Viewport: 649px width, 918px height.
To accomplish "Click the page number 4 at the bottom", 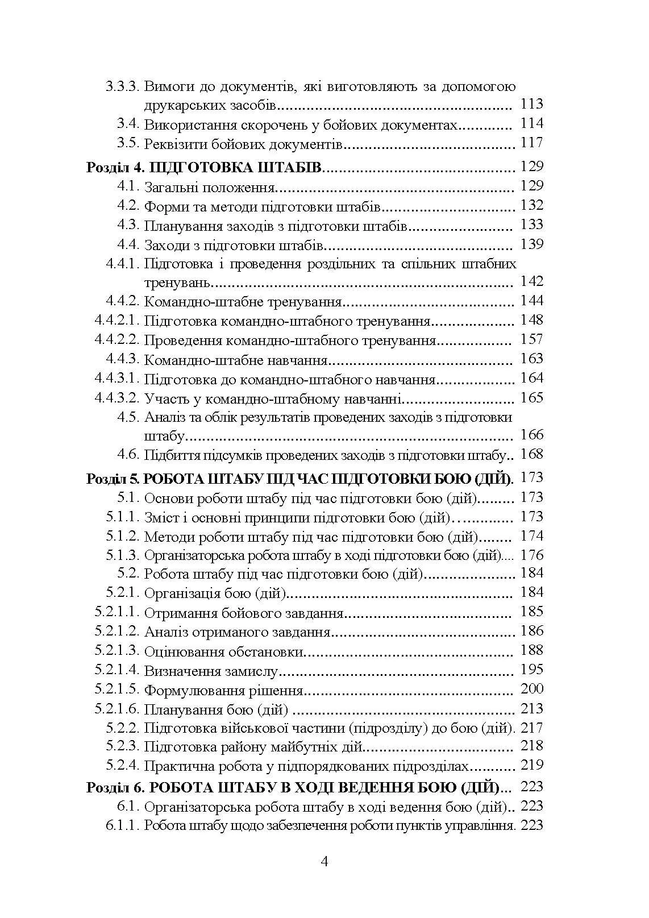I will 324,861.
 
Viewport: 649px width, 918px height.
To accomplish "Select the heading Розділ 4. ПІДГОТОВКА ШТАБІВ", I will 205,167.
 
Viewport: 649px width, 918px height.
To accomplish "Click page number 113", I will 531,104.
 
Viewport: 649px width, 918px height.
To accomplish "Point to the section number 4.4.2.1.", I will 117,321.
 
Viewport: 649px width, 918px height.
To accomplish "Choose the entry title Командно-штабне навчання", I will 236,360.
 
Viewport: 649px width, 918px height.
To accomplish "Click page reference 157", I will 531,340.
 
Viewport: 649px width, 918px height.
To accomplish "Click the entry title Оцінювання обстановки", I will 223,651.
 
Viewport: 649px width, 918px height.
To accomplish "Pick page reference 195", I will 531,670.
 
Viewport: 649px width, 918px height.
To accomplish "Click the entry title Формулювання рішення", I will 223,691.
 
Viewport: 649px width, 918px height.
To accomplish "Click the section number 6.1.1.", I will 122,825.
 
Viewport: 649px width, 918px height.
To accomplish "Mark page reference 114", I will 531,124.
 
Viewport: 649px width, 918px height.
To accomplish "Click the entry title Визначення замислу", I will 211,671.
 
